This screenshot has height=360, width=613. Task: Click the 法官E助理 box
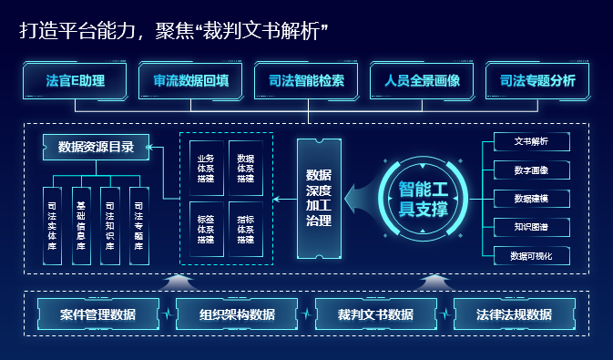point(75,80)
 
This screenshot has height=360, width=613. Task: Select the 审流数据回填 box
point(190,80)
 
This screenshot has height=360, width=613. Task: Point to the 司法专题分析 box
point(537,80)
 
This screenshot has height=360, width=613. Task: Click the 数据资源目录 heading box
point(96,147)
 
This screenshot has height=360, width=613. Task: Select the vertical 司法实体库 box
point(53,226)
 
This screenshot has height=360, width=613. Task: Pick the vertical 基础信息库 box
point(81,226)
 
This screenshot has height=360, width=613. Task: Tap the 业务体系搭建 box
point(205,168)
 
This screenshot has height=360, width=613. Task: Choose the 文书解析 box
point(531,141)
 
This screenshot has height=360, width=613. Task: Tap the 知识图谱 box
point(531,226)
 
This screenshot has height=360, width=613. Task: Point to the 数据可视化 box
point(531,255)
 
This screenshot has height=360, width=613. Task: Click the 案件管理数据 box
point(98,314)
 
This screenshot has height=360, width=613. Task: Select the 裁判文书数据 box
point(375,314)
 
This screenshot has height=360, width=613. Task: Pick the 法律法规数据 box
point(514,314)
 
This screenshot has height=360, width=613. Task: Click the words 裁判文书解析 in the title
point(274,32)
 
